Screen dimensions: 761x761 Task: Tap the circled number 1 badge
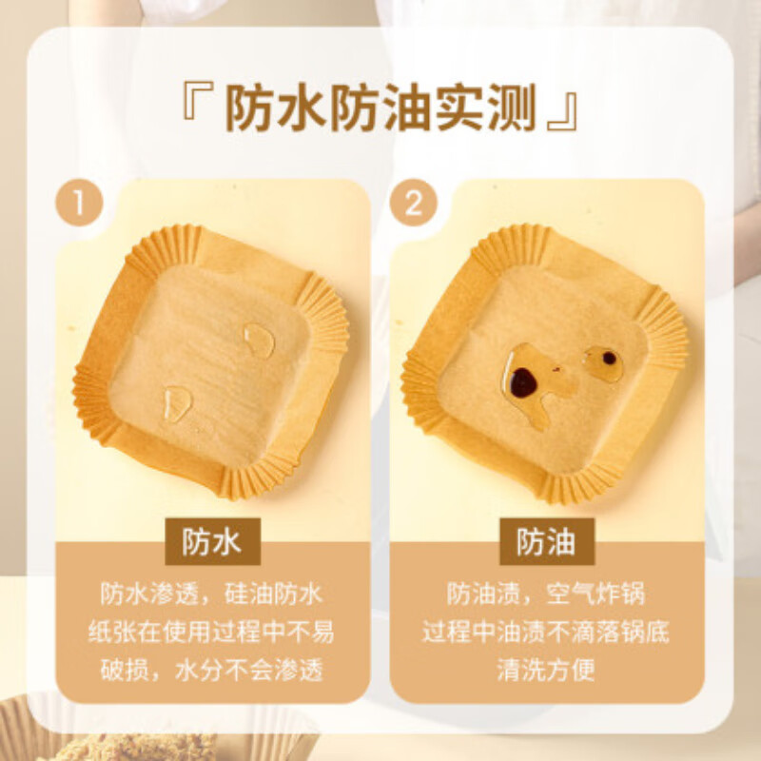[80, 204]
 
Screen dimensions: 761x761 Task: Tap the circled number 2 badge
[414, 204]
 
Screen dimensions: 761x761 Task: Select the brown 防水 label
[212, 541]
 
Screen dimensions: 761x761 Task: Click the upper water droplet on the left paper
[259, 340]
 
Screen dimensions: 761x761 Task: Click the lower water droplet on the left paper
[177, 403]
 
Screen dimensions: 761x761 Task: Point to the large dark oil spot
[522, 382]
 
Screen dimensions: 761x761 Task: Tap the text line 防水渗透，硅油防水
[212, 595]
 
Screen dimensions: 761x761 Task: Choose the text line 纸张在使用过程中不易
[212, 633]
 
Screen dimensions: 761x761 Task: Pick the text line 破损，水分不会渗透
[212, 670]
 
